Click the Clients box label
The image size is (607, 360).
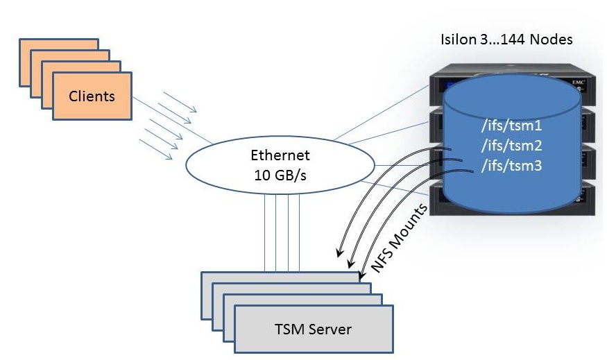tap(92, 95)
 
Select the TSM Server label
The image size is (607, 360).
tap(314, 328)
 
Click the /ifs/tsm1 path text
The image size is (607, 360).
tap(511, 127)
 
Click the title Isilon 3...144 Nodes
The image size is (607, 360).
tap(506, 40)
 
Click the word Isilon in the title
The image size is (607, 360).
tap(459, 40)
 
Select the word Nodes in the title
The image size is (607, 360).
tap(552, 40)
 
